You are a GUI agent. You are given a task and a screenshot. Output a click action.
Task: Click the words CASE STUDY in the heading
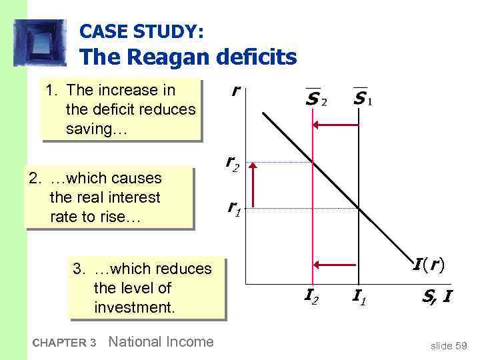pyautogui.click(x=142, y=31)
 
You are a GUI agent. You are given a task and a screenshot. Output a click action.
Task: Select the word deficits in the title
pyautogui.click(x=257, y=57)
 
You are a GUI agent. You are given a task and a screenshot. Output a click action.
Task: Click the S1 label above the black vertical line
pyautogui.click(x=363, y=99)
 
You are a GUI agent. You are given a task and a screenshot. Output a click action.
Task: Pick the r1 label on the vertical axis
pyautogui.click(x=233, y=209)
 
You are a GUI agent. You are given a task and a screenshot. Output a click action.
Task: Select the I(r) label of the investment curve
pyautogui.click(x=429, y=265)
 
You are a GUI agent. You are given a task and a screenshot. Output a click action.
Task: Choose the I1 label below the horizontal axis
pyautogui.click(x=359, y=293)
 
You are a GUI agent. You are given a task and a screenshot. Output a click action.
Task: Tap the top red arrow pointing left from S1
pyautogui.click(x=336, y=125)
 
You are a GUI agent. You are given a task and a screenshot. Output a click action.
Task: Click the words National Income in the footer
pyautogui.click(x=161, y=342)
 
